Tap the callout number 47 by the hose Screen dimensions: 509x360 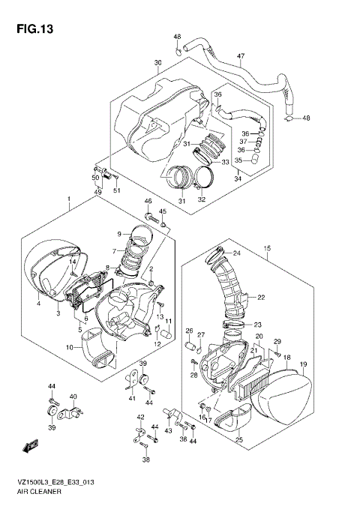pos(241,55)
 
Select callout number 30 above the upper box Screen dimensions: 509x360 pos(157,62)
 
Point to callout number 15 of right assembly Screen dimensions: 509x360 pos(266,247)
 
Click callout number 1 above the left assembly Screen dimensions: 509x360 pos(68,200)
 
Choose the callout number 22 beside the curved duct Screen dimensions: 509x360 pos(261,298)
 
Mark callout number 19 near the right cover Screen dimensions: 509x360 pos(303,364)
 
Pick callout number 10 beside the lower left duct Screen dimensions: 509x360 pos(69,347)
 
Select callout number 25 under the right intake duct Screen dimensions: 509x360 pos(238,439)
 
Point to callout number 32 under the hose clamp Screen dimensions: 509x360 pos(201,199)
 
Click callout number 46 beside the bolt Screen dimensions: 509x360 pos(148,202)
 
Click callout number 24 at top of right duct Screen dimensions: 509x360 pos(235,253)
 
